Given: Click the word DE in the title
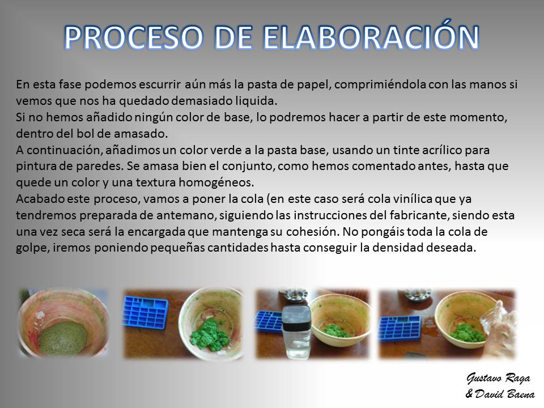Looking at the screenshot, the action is pos(233,37).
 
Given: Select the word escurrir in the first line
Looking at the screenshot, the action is pos(160,84).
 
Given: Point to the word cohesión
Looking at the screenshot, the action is pos(312,232).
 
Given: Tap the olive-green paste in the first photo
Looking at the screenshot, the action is pos(63,337).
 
